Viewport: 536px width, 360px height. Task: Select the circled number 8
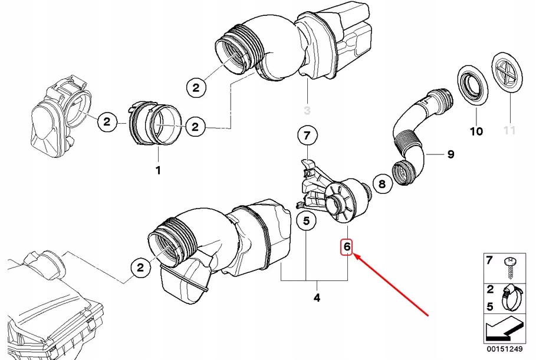(382, 184)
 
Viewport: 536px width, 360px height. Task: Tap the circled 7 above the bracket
(307, 137)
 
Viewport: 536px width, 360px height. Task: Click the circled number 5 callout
(306, 222)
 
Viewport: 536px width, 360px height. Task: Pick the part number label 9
(450, 154)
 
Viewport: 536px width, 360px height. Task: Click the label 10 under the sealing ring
(476, 130)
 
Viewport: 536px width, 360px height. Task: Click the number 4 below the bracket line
(316, 298)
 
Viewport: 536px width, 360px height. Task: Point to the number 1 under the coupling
(157, 170)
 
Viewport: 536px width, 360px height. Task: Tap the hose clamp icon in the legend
(511, 298)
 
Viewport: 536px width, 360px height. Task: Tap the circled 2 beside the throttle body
(107, 122)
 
